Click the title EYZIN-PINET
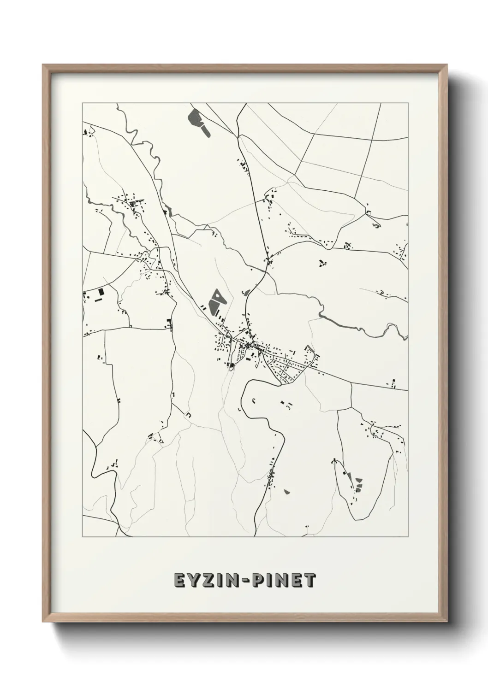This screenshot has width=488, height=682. tap(245, 580)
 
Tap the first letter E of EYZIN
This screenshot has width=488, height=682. tap(180, 580)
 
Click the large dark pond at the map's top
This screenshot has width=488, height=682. tap(196, 119)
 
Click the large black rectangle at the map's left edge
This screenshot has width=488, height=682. tap(101, 292)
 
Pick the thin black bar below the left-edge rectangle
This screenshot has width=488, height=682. tap(98, 300)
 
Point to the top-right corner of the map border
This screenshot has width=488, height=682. tap(407, 103)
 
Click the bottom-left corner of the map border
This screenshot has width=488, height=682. tap(83, 536)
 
